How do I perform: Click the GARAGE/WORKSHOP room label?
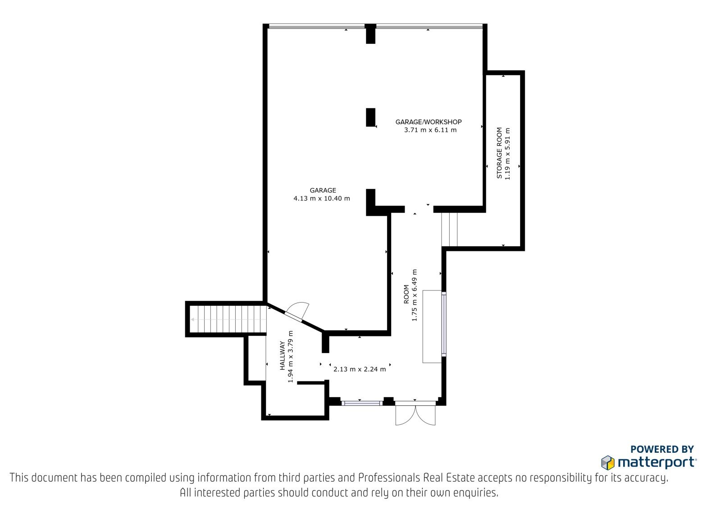429,122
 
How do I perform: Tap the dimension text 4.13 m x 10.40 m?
322,198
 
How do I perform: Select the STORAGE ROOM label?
499,153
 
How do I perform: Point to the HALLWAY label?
282,355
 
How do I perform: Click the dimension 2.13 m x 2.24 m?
360,369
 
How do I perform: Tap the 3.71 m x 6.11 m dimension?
430,130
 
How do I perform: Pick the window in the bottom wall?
362,403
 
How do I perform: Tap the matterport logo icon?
608,463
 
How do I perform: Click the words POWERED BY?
662,449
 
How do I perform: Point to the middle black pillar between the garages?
371,117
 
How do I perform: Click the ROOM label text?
406,294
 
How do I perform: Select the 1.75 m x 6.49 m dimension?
414,295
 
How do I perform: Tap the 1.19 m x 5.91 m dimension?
507,154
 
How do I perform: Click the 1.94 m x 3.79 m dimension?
290,357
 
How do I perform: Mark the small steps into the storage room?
449,230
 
